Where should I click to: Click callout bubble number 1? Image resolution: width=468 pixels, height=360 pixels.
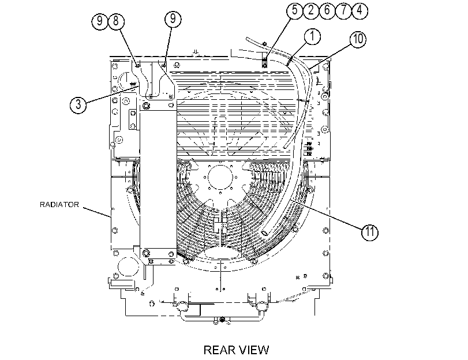point(312,37)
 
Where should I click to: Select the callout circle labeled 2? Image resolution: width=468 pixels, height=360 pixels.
point(311,10)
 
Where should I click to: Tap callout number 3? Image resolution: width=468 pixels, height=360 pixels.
point(78,104)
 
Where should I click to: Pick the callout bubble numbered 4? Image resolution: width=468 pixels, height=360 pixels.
point(360,10)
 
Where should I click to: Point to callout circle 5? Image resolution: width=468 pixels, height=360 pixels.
point(295,10)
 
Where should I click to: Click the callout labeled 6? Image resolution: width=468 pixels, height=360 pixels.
point(327,10)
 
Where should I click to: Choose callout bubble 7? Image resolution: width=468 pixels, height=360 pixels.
point(343,10)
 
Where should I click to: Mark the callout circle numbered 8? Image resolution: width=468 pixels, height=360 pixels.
point(116,21)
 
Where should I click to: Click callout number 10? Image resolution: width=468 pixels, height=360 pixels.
point(358,39)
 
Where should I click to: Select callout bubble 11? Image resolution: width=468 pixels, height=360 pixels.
point(370,232)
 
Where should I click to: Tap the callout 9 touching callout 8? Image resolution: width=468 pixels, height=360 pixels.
point(100,21)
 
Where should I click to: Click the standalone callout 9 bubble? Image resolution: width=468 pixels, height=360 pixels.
point(173,19)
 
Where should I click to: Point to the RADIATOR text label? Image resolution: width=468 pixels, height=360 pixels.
point(59,205)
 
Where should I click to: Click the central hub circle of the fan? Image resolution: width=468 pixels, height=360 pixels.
point(220,177)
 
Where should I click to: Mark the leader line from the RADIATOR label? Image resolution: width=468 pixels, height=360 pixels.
point(97,212)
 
